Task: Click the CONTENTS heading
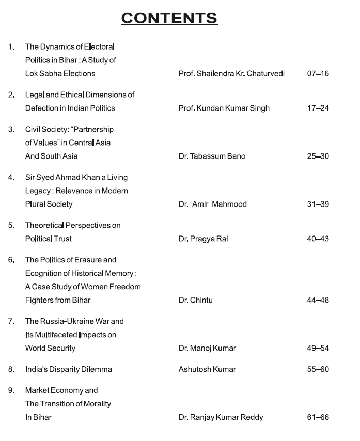[x=169, y=18]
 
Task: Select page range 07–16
[x=318, y=74]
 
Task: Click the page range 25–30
[x=318, y=156]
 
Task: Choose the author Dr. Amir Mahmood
[x=213, y=204]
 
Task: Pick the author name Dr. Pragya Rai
[x=204, y=239]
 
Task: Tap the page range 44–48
[x=318, y=301]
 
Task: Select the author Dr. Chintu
[x=195, y=301]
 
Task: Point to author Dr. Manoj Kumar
[x=207, y=349]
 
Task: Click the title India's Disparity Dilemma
[x=69, y=370]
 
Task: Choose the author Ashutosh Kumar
[x=207, y=370]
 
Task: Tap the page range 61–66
[x=318, y=418]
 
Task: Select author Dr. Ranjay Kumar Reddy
[x=221, y=418]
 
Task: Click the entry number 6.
[x=11, y=260]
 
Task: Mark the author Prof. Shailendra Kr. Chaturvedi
[x=231, y=74]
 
